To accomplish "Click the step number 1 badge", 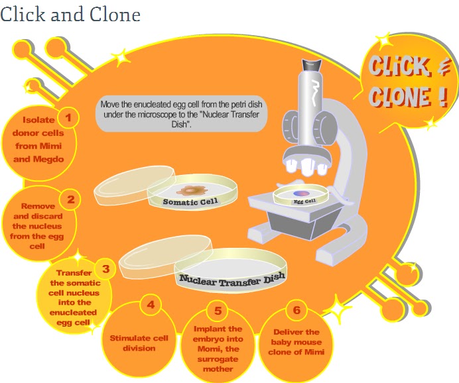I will tap(68, 119).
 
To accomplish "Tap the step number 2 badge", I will tap(70, 198).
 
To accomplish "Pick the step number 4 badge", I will tap(151, 305).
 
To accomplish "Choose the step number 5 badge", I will tap(218, 309).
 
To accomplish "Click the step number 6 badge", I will tap(296, 309).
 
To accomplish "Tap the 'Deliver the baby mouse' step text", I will tap(296, 342).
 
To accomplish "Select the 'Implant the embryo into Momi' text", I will tap(218, 349).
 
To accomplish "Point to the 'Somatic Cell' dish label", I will tap(191, 201).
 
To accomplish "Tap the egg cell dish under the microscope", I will tap(301, 196).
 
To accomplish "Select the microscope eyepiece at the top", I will tap(311, 64).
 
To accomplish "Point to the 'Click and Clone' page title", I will tap(70, 15).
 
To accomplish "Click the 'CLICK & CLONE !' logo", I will tap(406, 82).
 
